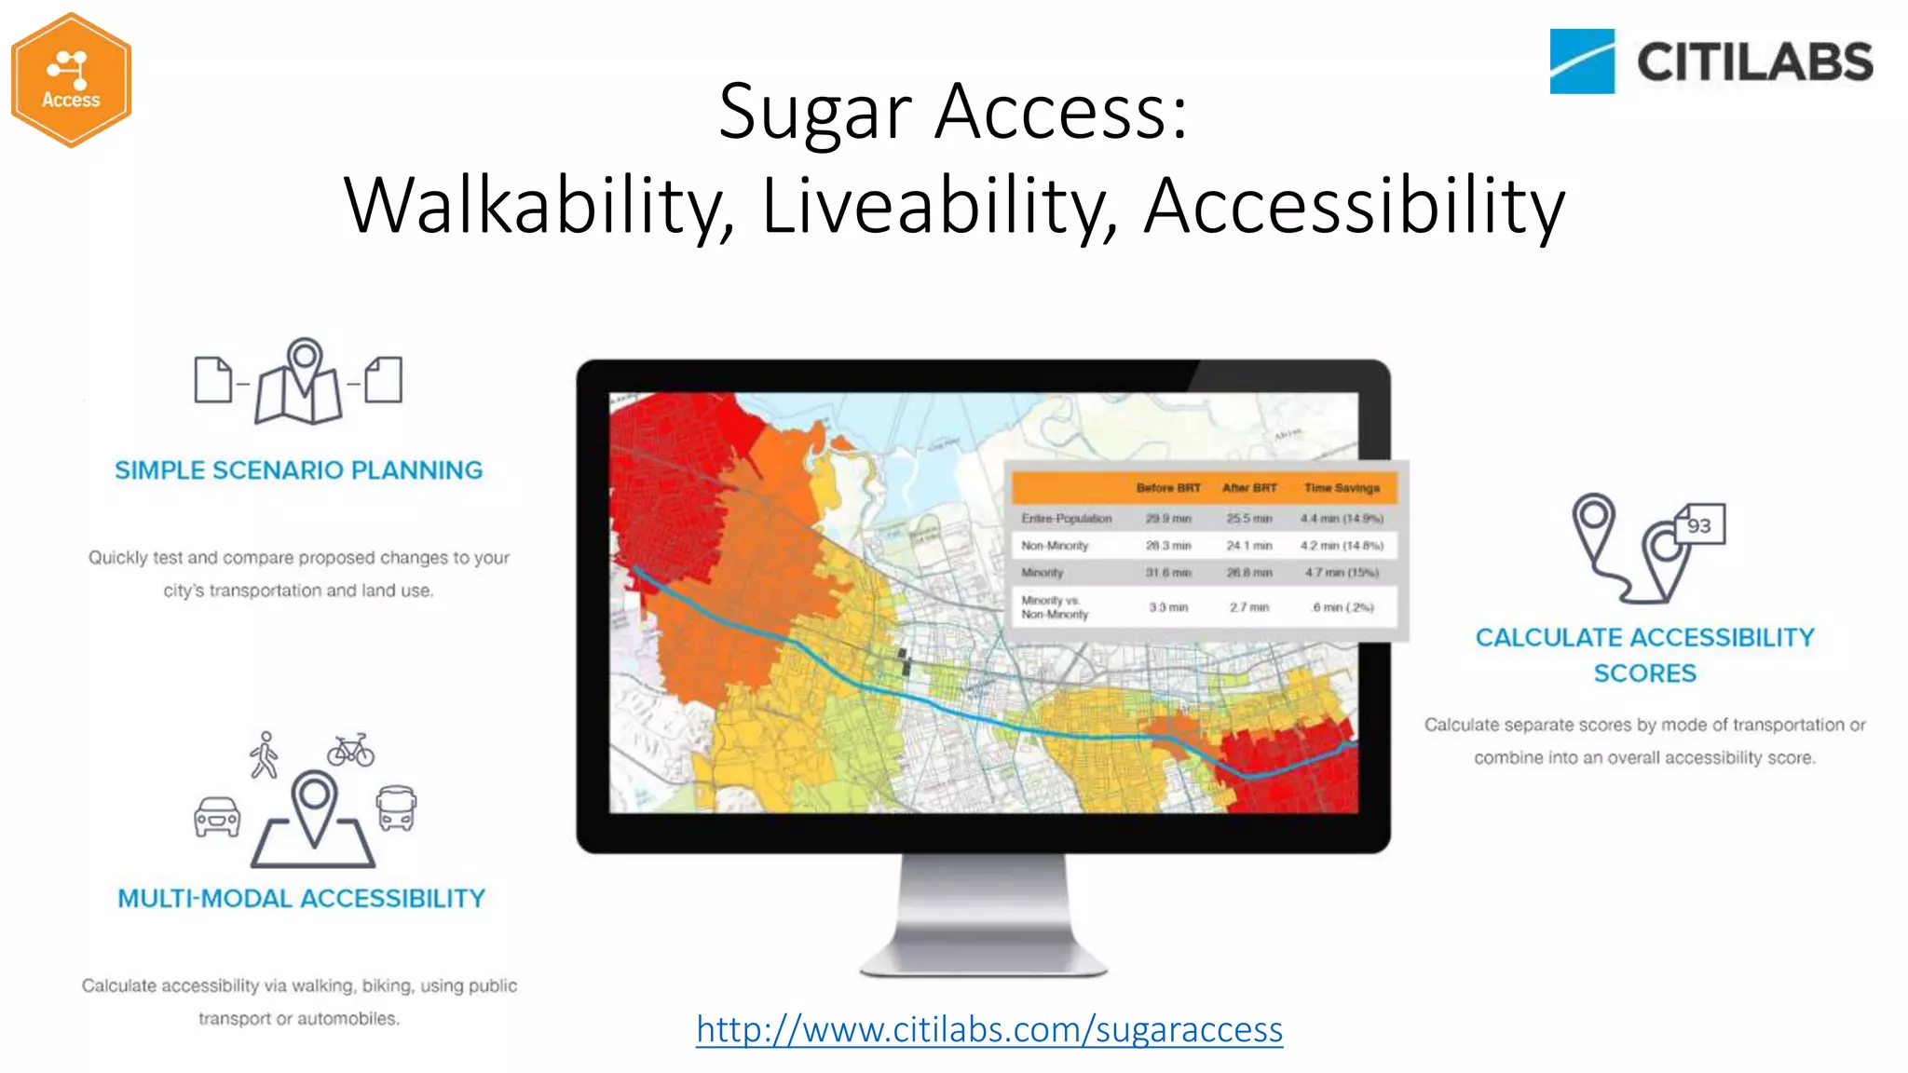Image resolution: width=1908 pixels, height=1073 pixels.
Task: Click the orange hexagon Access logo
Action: (x=71, y=80)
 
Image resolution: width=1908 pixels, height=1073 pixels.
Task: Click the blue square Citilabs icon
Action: (x=1581, y=61)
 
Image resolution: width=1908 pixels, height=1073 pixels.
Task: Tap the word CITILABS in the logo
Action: (x=1754, y=62)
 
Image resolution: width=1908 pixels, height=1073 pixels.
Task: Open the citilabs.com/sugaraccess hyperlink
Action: (x=988, y=1029)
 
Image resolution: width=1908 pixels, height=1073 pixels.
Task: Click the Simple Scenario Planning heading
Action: (x=298, y=470)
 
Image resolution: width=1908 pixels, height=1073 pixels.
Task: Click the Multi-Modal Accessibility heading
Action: (x=301, y=899)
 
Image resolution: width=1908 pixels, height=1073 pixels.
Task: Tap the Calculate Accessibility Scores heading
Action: (x=1644, y=655)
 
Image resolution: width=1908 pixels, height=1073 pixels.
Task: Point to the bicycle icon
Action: (x=350, y=750)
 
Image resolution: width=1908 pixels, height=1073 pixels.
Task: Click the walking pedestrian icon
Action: (x=265, y=755)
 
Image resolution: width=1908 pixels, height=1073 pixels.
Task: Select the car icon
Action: (x=217, y=817)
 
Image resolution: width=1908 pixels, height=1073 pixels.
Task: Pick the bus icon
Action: (x=396, y=808)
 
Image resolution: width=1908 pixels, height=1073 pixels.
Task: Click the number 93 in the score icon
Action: (x=1699, y=526)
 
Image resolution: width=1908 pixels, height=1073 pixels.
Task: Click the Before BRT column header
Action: (x=1167, y=488)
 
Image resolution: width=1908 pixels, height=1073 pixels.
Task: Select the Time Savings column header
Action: (x=1341, y=488)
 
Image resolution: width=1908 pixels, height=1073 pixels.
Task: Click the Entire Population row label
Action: (x=1066, y=519)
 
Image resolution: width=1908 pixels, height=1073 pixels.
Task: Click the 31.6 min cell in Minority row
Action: (x=1167, y=573)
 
